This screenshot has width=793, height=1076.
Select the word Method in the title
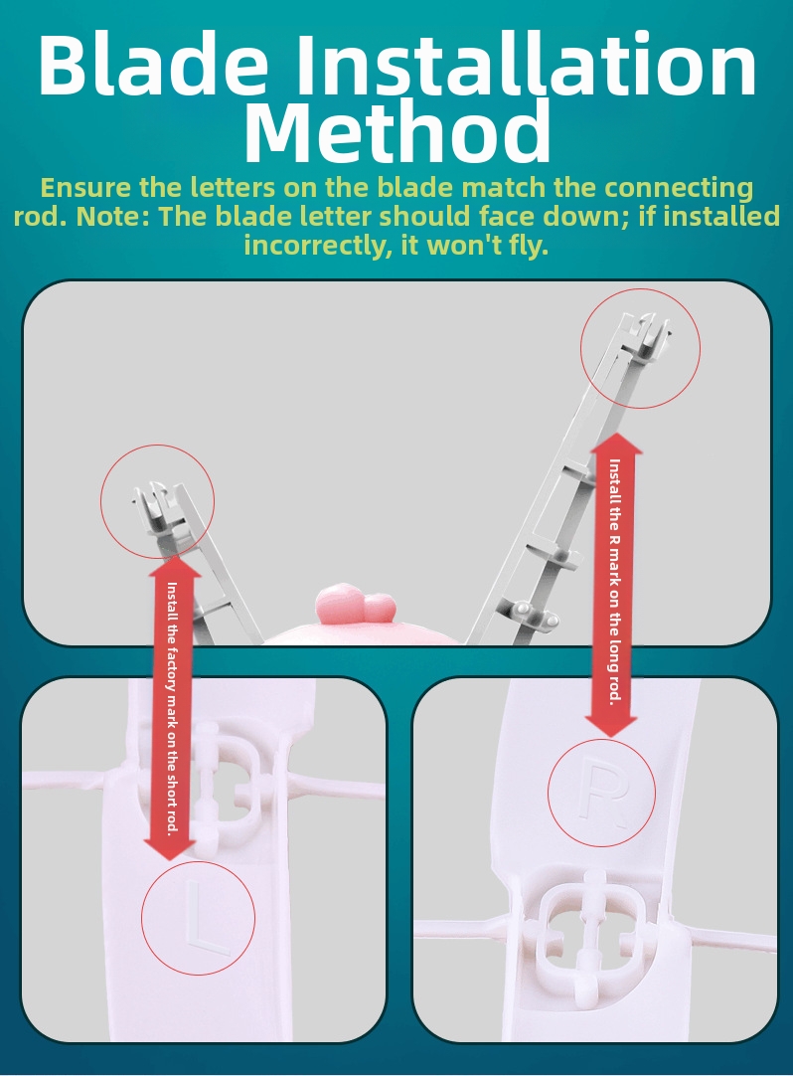coord(397,130)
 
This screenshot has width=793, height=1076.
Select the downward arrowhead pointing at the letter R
coord(610,727)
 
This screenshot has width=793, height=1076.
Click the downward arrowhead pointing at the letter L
coord(172,850)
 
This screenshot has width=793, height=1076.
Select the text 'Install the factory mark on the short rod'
coord(173,707)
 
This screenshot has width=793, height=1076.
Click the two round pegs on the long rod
coord(538,615)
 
